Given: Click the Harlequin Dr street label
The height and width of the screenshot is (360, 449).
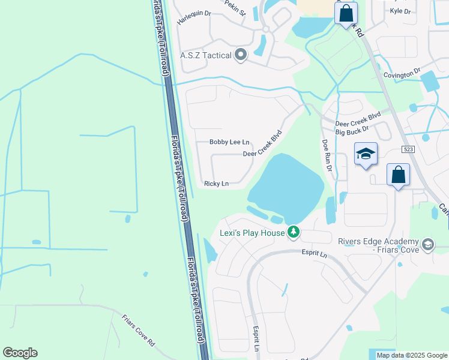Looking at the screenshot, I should (194, 17).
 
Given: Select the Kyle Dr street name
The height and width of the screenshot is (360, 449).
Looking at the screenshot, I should (400, 11).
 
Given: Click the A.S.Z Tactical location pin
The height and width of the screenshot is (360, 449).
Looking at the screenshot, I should (241, 55).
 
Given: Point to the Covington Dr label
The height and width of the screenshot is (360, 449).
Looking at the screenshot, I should (403, 74).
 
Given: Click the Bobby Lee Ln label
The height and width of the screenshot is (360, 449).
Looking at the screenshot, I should (229, 142).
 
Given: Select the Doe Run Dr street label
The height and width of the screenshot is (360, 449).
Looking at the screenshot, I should (327, 156).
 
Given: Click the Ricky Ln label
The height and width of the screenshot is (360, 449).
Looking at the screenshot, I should (216, 184).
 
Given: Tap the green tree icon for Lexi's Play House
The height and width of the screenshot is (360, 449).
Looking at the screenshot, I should (293, 232).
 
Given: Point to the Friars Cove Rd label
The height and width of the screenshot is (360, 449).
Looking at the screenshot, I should (139, 331).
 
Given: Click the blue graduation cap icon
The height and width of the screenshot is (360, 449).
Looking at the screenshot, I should (366, 154).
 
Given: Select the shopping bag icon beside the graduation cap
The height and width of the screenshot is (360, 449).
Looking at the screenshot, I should (398, 175).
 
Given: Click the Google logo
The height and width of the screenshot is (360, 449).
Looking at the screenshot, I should (20, 353).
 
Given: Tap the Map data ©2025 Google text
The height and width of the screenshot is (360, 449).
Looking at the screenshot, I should (411, 355).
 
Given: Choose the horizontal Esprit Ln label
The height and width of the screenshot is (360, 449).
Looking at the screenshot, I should (315, 254).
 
